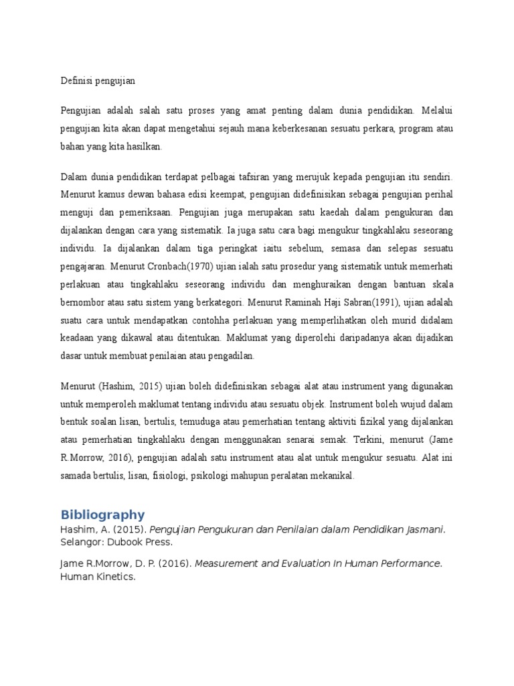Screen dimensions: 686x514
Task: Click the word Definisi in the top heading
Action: click(x=75, y=80)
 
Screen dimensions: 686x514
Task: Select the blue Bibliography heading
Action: click(x=102, y=514)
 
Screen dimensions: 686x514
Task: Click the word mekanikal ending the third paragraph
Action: click(x=331, y=476)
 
